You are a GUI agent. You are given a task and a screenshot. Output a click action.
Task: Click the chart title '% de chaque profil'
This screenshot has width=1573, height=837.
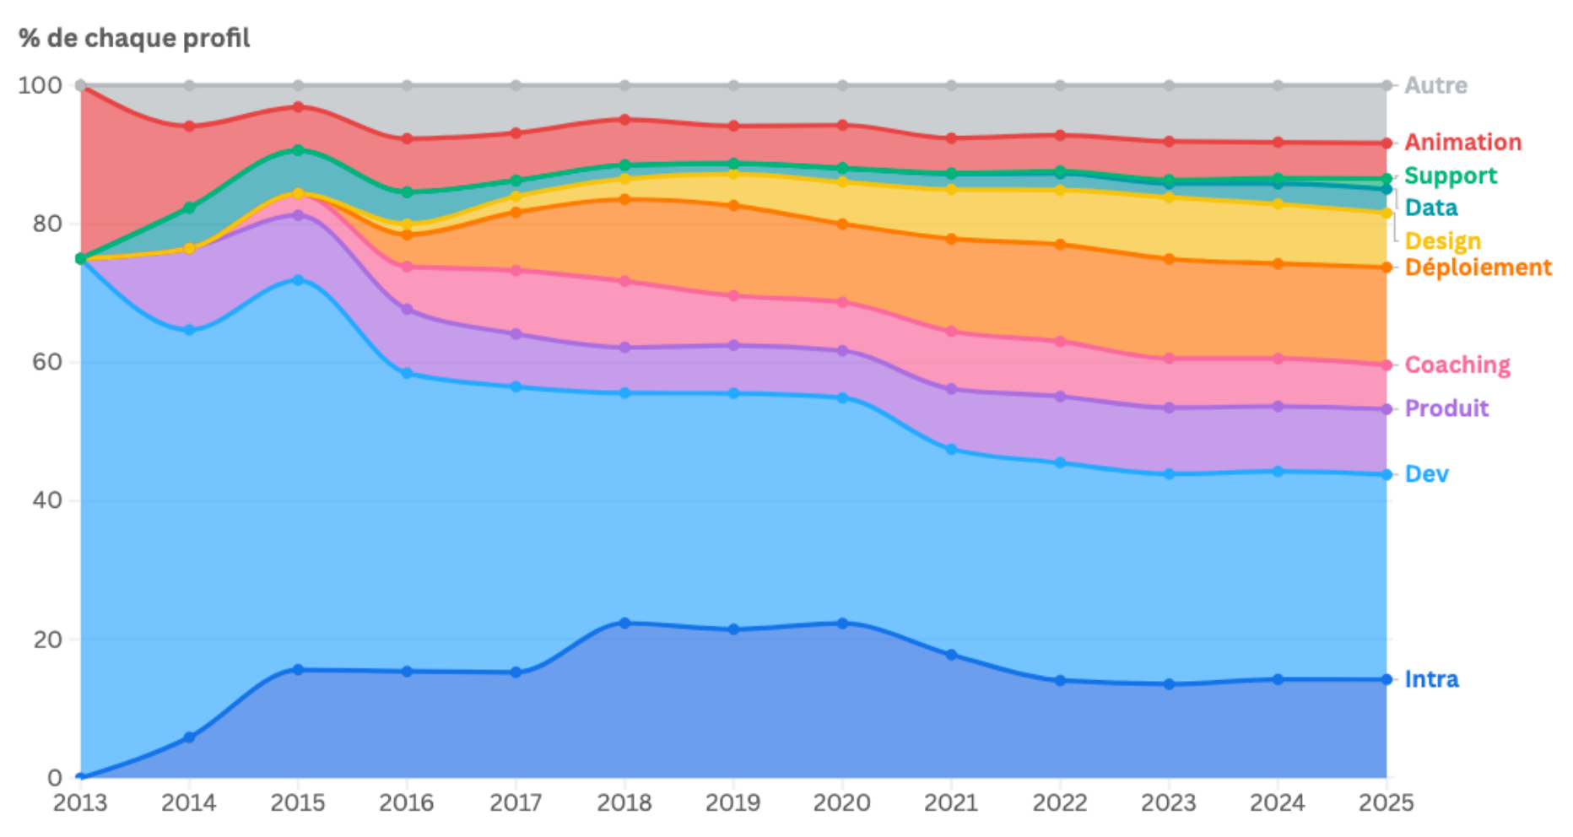click(x=134, y=38)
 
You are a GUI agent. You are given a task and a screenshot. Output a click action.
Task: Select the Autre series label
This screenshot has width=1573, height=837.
click(x=1435, y=85)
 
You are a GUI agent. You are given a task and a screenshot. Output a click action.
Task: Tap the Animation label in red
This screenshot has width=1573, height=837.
click(x=1462, y=142)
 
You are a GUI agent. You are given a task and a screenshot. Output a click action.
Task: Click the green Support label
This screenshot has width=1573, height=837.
click(x=1450, y=175)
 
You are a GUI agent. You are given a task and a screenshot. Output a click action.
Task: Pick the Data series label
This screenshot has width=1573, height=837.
click(x=1430, y=208)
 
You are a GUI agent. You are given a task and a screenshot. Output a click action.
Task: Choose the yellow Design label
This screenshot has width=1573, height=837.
click(x=1442, y=241)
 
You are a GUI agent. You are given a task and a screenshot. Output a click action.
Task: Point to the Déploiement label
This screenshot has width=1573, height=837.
click(x=1478, y=267)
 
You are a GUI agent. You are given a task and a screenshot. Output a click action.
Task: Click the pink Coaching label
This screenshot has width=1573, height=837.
click(x=1457, y=364)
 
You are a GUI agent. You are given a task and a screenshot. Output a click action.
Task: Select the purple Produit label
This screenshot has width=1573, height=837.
click(x=1446, y=408)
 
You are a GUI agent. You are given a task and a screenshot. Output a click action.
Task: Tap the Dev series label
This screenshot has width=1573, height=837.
click(x=1426, y=474)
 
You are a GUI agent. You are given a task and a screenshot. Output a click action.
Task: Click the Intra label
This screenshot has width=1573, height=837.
click(x=1430, y=679)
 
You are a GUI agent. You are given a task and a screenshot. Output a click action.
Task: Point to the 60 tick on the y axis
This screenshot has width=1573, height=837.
click(x=47, y=362)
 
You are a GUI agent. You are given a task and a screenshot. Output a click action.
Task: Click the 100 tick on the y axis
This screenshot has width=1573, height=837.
click(x=40, y=85)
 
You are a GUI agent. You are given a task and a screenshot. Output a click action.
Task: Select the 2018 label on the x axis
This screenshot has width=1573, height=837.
click(x=624, y=802)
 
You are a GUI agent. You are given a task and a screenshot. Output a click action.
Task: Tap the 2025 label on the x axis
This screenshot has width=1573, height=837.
click(x=1386, y=802)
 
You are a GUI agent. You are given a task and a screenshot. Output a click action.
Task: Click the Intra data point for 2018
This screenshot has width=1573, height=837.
click(x=624, y=623)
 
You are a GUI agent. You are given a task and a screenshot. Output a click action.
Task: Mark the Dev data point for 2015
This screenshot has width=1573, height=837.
click(x=298, y=279)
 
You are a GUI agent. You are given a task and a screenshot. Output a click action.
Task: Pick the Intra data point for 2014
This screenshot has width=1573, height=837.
click(x=189, y=737)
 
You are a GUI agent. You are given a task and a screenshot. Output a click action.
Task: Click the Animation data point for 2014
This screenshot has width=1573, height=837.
click(x=189, y=127)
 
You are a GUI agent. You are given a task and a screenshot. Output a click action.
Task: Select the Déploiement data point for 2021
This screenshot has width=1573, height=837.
click(x=951, y=239)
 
